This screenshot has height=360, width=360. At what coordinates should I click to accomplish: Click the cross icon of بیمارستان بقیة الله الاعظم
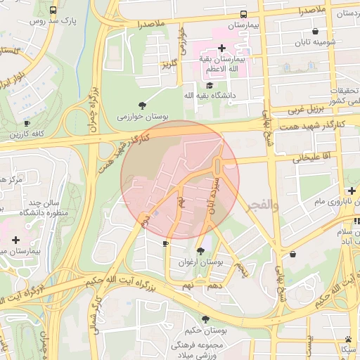coord(222,49)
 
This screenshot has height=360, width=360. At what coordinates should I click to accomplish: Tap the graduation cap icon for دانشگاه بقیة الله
coord(209,85)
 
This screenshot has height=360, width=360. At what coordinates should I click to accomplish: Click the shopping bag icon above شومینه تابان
coord(315,31)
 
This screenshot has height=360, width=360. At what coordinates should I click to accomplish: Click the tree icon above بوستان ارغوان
coord(201,250)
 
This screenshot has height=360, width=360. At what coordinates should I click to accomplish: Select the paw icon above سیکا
coord(348,339)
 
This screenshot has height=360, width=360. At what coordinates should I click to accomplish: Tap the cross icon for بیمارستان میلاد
coord(16,240)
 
